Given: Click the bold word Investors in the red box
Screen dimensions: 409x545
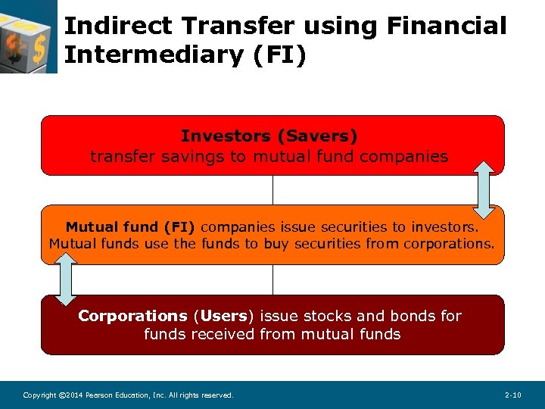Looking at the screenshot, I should pos(226,136).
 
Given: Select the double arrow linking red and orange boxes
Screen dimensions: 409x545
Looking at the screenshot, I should pos(484,189).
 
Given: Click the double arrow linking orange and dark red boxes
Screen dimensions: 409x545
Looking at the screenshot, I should pos(67,279).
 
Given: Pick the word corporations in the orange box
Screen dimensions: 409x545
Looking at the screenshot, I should pos(448,244).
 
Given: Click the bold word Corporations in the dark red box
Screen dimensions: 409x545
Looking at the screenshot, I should pos(132,316).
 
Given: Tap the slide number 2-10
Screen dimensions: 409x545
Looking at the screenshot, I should pos(512,395).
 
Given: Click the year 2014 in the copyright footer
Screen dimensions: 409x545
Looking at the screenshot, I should pos(70,395).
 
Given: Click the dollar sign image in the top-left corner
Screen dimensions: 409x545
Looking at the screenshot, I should pos(28,36).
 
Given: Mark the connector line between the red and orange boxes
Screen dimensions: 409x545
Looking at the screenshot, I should pos(272,190).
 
